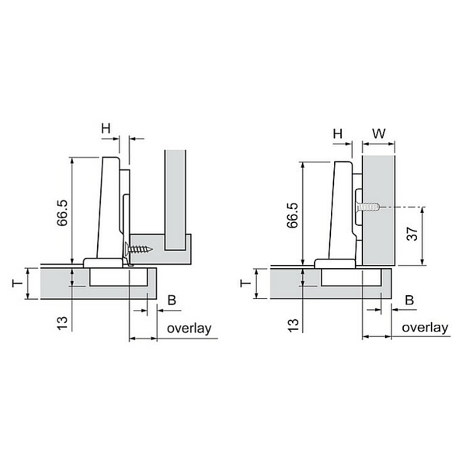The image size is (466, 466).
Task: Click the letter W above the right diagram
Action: point(379,134)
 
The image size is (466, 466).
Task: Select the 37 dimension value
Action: point(412,234)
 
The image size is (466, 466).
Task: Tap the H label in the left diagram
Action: point(106,128)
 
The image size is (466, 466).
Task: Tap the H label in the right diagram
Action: point(338,134)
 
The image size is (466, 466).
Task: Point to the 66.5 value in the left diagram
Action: point(63,213)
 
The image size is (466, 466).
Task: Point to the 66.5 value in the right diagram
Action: point(293,215)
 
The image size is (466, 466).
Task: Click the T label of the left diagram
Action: point(17,283)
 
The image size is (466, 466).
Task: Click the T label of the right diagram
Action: point(245,283)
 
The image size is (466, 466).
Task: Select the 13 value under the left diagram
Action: point(63,323)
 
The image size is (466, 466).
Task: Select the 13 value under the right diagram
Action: point(293,325)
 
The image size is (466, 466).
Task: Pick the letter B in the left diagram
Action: point(172,300)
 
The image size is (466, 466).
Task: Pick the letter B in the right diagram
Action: point(409,300)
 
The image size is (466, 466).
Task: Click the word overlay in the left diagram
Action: point(190,329)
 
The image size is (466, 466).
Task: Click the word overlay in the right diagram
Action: point(425,328)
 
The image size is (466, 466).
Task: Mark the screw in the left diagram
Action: point(139,249)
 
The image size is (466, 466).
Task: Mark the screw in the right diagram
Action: point(368,207)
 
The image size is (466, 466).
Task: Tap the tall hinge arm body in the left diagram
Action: point(109,208)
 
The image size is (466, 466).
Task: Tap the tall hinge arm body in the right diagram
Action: point(341,210)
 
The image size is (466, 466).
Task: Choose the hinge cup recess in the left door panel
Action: point(118,277)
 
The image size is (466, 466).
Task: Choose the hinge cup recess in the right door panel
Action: point(351,277)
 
